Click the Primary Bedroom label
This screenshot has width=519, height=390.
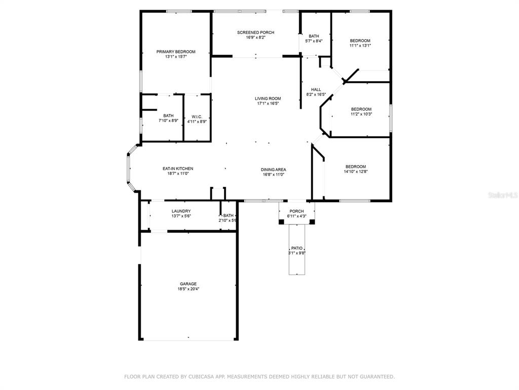coord(176,52)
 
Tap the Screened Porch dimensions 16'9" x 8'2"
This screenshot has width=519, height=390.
coord(255,38)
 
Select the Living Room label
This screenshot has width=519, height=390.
coord(268,99)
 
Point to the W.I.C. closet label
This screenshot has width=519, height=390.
coord(197,117)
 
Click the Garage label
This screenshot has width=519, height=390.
coord(189,284)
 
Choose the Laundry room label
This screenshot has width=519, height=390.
coord(181,211)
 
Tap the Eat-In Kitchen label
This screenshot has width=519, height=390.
coord(178,169)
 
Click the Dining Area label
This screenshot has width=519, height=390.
coord(273,170)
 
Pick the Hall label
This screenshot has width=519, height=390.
coord(316,89)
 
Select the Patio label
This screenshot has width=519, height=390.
coord(297,248)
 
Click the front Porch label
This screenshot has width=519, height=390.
coord(296,211)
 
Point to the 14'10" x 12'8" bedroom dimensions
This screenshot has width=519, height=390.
coord(356,172)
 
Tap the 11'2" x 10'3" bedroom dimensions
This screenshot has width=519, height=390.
coord(361,114)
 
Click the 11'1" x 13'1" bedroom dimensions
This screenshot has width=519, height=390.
coord(360,46)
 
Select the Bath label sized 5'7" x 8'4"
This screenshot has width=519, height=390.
coord(314,36)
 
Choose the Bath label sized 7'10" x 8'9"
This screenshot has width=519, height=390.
coord(168,116)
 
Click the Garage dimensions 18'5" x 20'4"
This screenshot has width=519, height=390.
coord(189,289)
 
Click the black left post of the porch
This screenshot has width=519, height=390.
coord(281,221)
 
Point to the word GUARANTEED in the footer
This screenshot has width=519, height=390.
coord(378,377)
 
